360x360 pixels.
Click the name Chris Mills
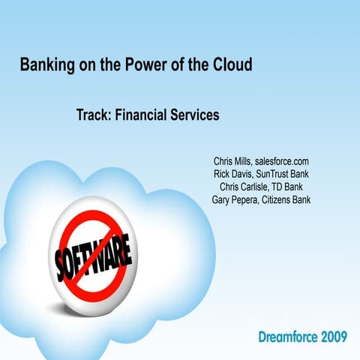click(232, 161)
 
